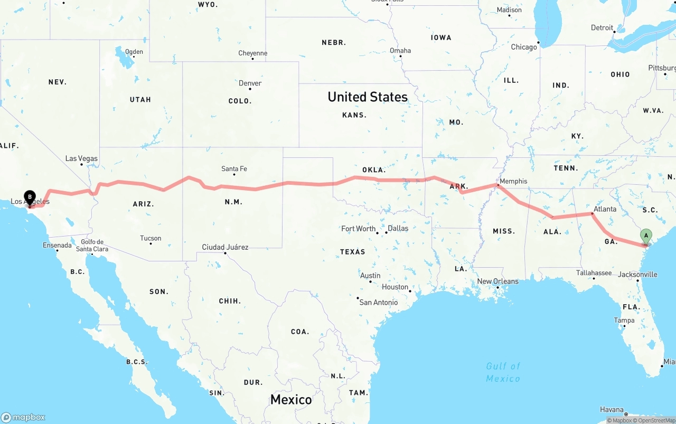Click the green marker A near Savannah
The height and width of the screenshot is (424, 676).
point(645,235)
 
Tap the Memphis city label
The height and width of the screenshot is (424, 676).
point(513,181)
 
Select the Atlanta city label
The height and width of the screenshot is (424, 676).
point(605,209)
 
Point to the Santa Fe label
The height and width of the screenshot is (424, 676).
point(234,169)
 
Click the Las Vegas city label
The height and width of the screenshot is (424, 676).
point(81,158)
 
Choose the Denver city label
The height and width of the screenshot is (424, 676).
point(250,83)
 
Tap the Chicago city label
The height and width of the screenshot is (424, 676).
point(523,47)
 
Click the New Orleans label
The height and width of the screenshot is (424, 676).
point(497,281)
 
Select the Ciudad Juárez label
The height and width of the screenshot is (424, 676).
point(225,247)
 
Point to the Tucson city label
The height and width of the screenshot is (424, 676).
point(151,238)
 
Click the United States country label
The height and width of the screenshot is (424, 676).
point(368,97)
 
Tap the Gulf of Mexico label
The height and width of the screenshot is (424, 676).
point(503,372)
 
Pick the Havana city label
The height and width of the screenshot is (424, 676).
point(613,409)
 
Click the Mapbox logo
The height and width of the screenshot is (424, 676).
point(23,417)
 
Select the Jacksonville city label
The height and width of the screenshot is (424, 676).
point(638,275)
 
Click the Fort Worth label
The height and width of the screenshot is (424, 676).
point(359,229)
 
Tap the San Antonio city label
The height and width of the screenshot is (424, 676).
point(378,303)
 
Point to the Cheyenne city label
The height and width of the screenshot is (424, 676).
point(253,53)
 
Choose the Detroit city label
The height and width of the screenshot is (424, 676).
point(602,28)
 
